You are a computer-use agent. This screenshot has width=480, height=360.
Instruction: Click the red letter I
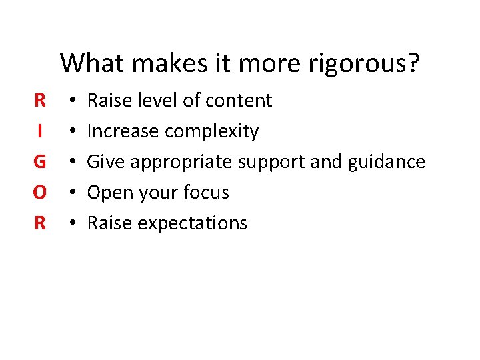click(x=40, y=131)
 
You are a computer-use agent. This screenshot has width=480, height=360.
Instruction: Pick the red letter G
click(x=40, y=162)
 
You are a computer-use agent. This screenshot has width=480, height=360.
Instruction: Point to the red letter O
click(x=40, y=193)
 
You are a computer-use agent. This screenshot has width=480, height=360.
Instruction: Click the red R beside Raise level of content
click(x=40, y=101)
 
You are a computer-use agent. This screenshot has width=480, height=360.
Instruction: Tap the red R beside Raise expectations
click(x=40, y=223)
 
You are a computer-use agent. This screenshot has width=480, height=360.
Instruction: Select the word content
click(x=238, y=101)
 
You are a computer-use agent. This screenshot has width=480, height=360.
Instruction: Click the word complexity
click(x=211, y=131)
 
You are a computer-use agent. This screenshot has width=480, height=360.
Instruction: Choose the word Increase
click(x=123, y=131)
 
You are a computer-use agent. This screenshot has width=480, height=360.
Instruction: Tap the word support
click(x=273, y=162)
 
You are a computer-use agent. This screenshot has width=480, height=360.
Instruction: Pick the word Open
click(x=108, y=193)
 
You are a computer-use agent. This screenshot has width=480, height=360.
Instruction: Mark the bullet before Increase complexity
click(x=71, y=131)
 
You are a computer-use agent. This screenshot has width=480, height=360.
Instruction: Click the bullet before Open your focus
click(x=71, y=193)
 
